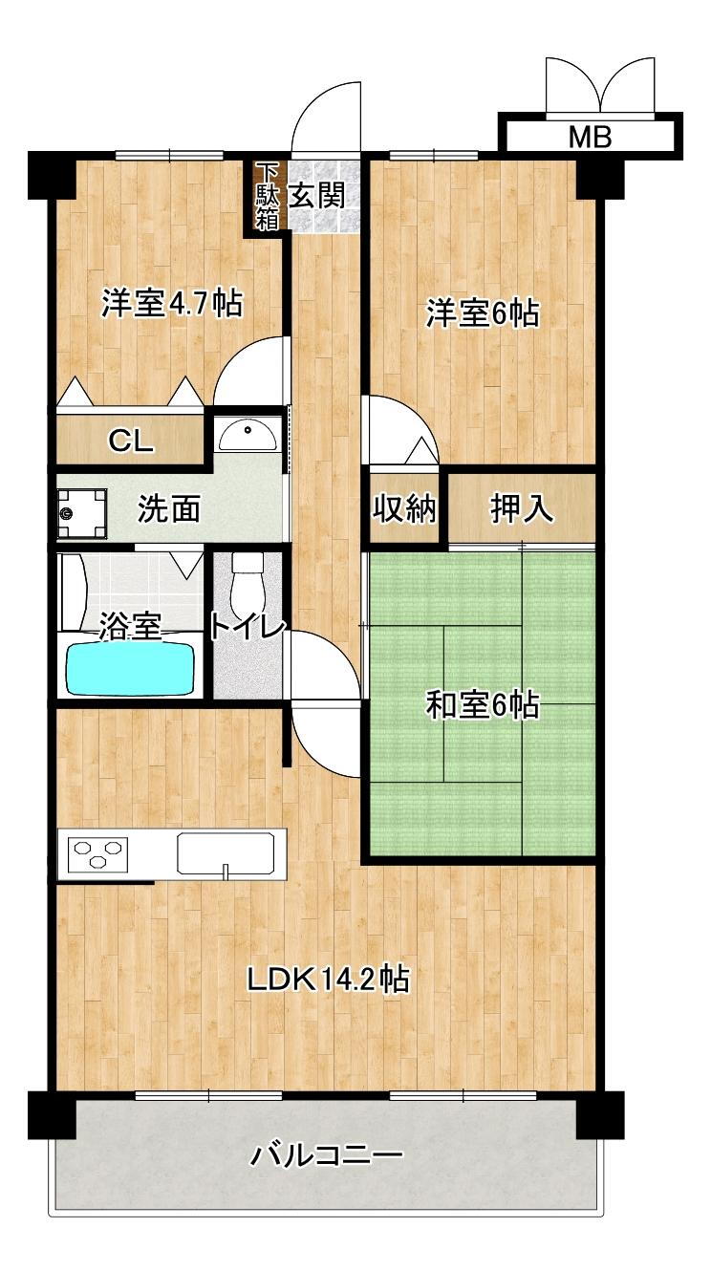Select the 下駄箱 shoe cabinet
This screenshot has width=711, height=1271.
267,197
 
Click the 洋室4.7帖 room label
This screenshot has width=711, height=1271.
172,304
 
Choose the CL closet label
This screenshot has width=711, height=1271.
130,441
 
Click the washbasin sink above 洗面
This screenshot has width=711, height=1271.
247,436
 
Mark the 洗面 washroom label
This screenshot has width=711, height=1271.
169,509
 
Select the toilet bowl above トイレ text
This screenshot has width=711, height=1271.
247,581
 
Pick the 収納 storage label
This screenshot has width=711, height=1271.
404,509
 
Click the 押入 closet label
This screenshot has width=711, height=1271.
522,509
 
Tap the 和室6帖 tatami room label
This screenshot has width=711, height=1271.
482,706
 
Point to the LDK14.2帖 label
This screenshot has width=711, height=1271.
329,980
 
